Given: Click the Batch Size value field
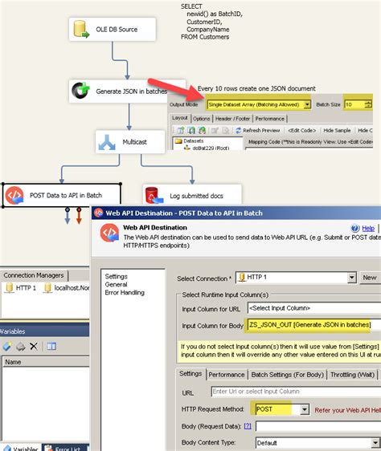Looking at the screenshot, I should [x=353, y=104].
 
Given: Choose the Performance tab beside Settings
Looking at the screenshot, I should [x=227, y=374].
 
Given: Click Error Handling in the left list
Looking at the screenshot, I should [x=125, y=292].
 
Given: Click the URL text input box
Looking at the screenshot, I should [x=293, y=392].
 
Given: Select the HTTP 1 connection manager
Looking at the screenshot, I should [x=23, y=287].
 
